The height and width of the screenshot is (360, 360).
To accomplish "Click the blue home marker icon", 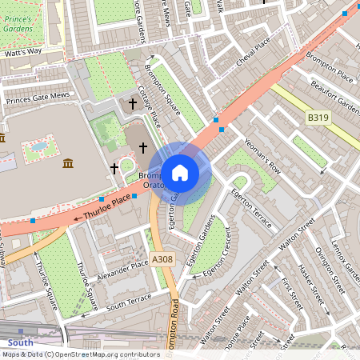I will pos(180,172).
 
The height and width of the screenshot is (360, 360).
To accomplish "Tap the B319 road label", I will pos(318,118).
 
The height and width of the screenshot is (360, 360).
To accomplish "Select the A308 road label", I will pos(162,258).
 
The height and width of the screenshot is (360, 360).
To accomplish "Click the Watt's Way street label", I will pos(22,52).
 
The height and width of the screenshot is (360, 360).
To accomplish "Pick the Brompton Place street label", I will pos(334,77).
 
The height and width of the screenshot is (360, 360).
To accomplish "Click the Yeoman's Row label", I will pos(263,157).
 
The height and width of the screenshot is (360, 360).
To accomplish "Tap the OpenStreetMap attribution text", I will pos(80,354).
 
